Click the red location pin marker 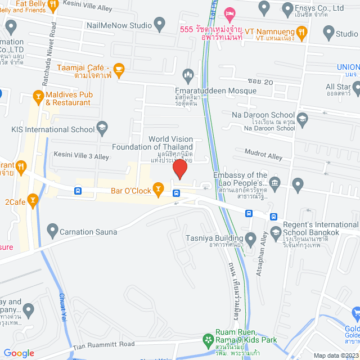point(179,168)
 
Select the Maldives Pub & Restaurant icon point(38,97)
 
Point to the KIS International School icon point(102,130)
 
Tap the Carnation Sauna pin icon point(52,230)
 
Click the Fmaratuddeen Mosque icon point(188,74)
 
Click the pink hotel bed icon point(229,12)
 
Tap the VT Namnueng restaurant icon point(303,33)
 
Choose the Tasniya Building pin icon point(250,237)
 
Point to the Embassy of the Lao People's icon point(274,182)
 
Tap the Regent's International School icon point(276,232)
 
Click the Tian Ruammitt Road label point(103,344)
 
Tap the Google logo point(19,353)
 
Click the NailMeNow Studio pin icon point(160,25)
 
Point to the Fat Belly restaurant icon point(53,6)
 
